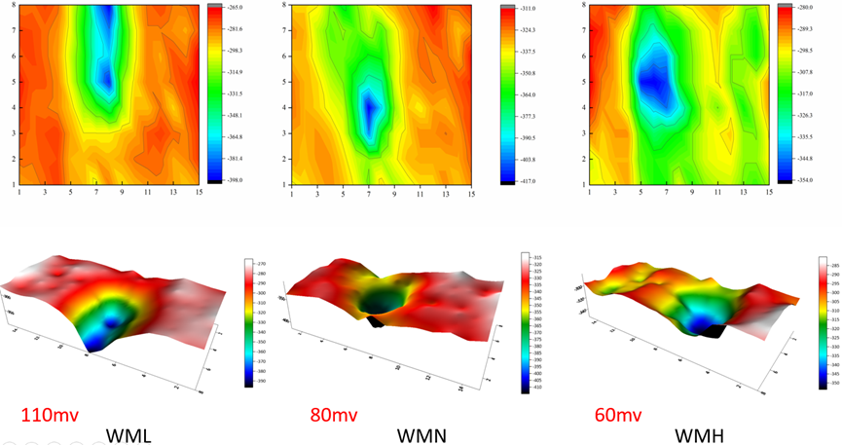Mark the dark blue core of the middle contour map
click(369, 109)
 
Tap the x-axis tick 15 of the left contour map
click(197, 192)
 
